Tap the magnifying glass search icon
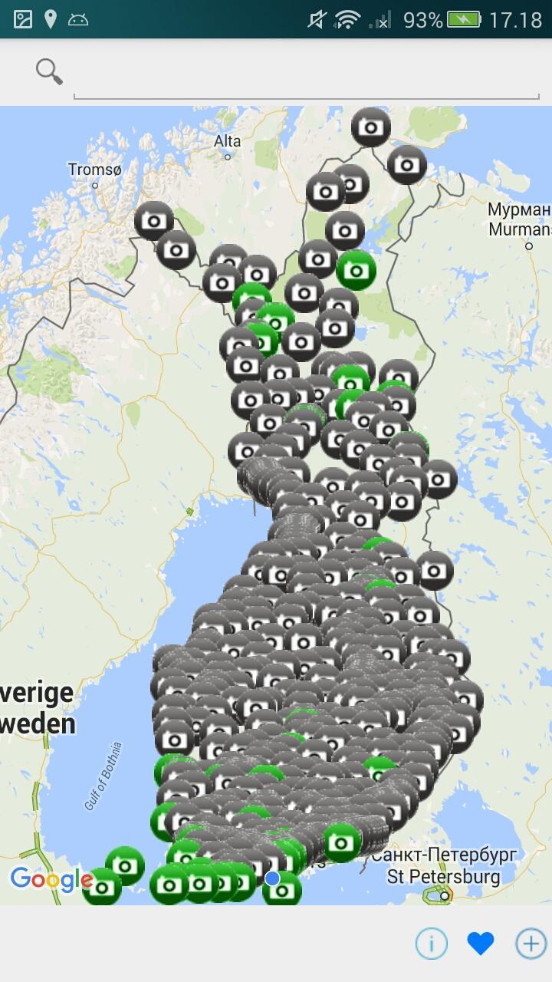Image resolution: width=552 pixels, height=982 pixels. pos(48,71)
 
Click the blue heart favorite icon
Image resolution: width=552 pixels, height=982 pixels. pos(481,944)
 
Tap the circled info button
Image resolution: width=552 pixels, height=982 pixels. pos(431,944)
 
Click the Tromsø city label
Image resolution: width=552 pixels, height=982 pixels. pos(94,170)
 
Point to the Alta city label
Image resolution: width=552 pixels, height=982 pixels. pos(228,141)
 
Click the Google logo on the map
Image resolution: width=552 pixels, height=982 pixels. pos(51,879)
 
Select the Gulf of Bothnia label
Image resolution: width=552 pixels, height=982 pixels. pos(103,776)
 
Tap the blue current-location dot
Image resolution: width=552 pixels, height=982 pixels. pos(272,878)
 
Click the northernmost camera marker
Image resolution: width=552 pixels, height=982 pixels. pos(371,127)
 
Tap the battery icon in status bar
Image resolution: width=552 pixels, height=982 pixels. pos(464,19)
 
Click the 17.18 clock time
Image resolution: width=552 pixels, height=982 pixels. pos(515,20)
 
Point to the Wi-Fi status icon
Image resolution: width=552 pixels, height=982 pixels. pos(347,20)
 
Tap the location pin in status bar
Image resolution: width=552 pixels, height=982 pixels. pos(51,19)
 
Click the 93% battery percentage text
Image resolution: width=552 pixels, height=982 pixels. pos(422,20)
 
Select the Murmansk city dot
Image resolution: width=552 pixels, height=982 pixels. pos(529,245)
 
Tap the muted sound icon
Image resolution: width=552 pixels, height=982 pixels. pos(317,20)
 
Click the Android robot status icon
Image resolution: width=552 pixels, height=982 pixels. pos(78,20)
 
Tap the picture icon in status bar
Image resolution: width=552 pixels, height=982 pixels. pos(23,19)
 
